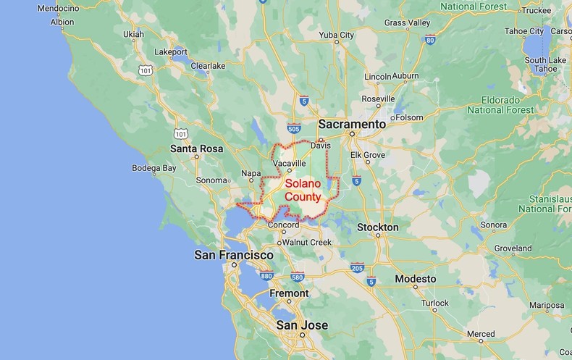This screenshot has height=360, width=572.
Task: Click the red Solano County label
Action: pos(303,190)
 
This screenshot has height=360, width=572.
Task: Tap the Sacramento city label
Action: pos(351,124)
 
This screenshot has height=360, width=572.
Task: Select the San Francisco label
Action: pos(234,255)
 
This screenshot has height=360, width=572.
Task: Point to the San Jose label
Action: pos(302,325)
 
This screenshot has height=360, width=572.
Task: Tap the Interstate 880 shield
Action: pos(266,275)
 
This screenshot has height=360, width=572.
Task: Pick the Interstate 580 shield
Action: pos(297,276)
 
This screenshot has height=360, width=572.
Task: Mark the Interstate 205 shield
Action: pos(357,268)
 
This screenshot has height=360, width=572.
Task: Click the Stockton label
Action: pos(378,227)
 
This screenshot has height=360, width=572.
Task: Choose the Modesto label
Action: pos(416,279)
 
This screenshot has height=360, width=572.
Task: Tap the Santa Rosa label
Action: pos(196,148)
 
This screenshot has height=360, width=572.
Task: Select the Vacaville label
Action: pos(290,164)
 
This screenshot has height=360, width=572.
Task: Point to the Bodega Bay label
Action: pos(153,168)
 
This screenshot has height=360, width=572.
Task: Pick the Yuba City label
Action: pos(337,35)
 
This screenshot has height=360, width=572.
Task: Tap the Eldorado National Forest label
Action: pos(500,104)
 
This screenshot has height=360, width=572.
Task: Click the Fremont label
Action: pos(289,293)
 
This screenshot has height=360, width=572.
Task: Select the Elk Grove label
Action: pos(367,155)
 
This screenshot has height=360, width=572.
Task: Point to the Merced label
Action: pos(481,334)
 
